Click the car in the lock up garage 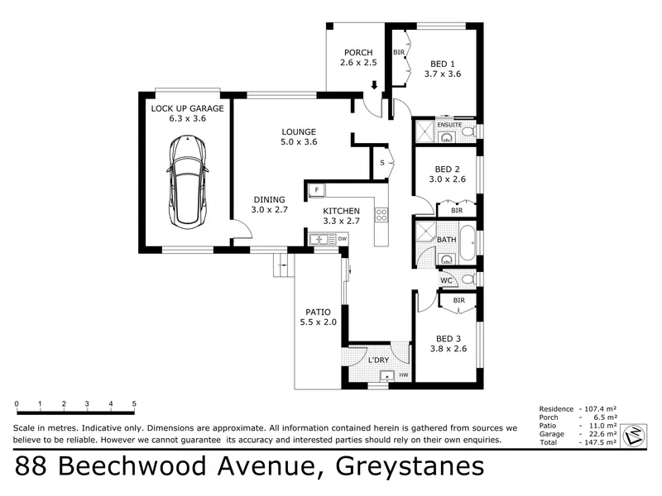coord(188,182)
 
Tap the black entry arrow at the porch coord(374,85)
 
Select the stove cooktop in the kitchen coord(381,215)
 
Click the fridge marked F coord(316,190)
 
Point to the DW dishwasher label coord(343,239)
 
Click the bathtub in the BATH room coord(467,243)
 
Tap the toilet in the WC coord(468,279)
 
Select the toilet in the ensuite coord(468,132)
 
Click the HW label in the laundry coord(404,375)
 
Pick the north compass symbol coord(635,435)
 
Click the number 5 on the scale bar coord(134,403)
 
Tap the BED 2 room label coord(447,169)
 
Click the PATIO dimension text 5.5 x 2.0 coord(319,322)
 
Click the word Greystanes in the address coord(410,467)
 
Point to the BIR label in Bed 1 coord(399,52)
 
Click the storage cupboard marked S coord(383,163)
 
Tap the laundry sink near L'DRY coord(386,375)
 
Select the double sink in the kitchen coord(323,239)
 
